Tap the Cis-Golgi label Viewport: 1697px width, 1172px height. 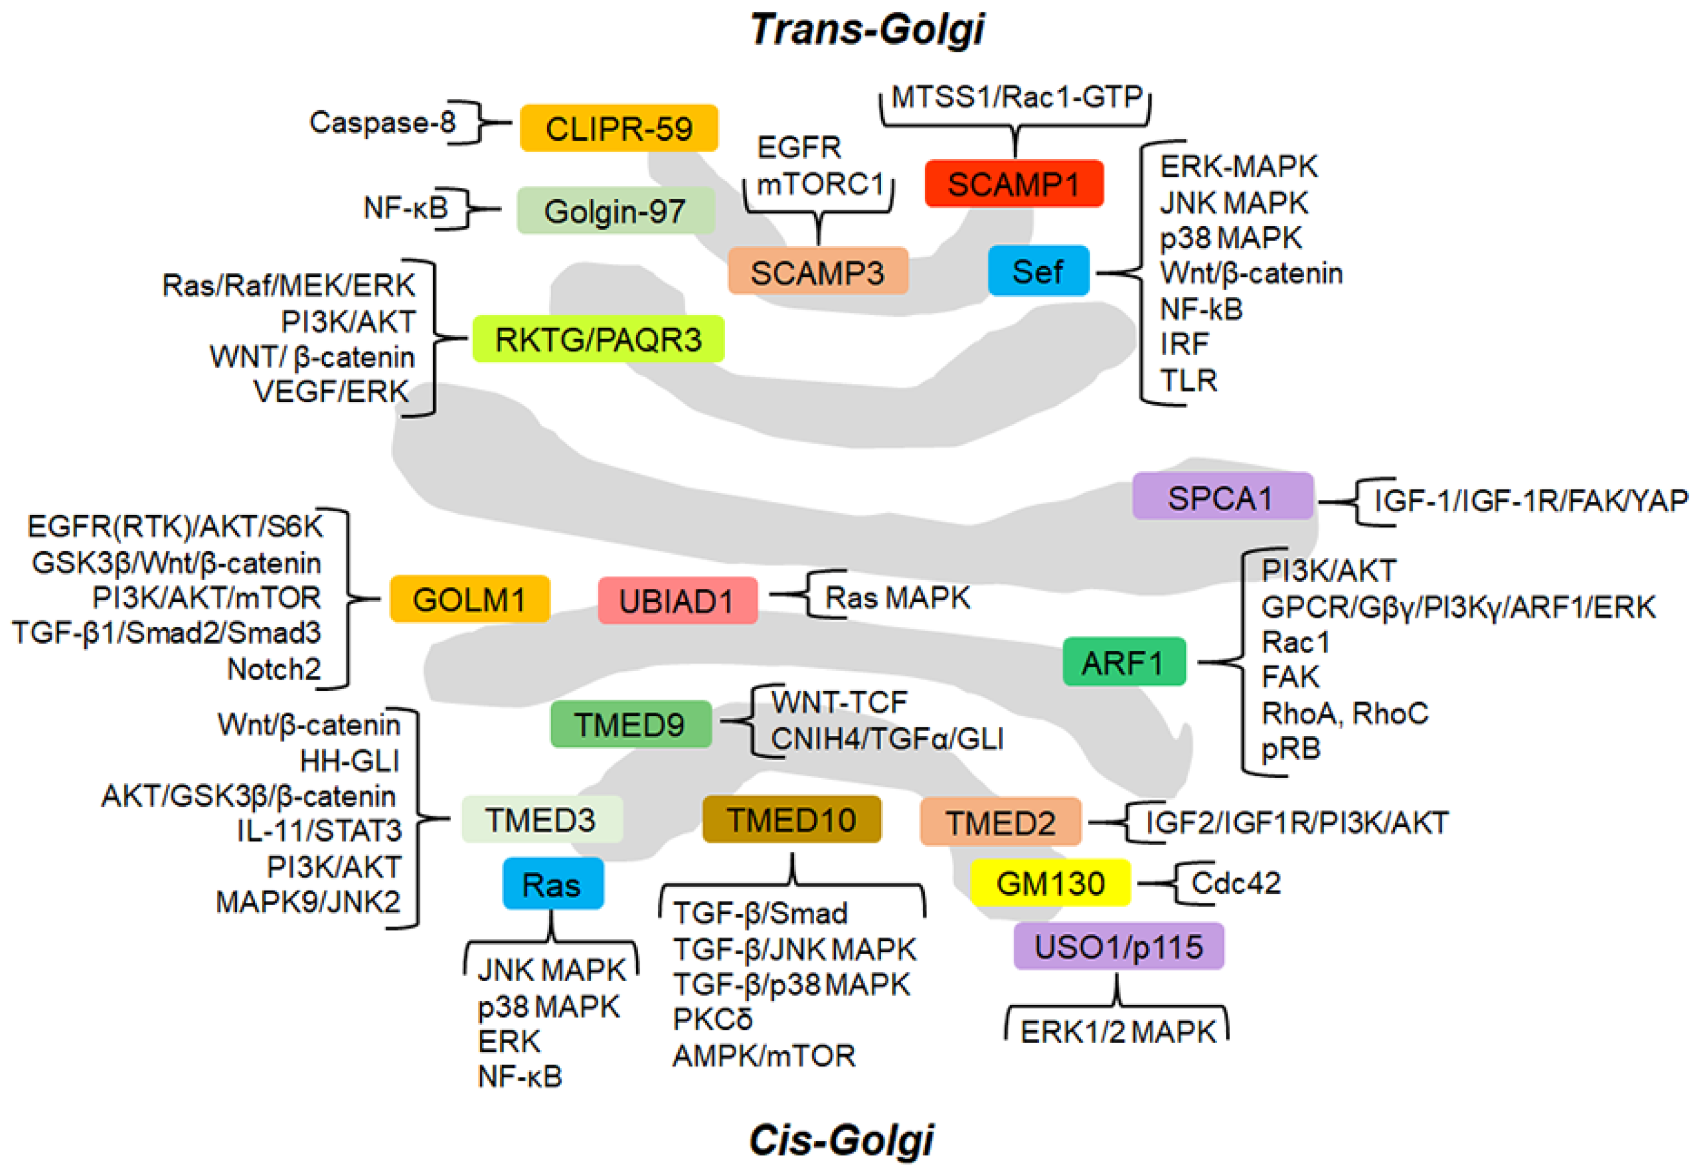(x=841, y=1140)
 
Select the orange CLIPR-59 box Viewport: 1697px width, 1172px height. (x=618, y=128)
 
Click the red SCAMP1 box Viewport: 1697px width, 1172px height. (x=1013, y=184)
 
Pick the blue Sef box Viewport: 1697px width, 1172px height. (x=1038, y=271)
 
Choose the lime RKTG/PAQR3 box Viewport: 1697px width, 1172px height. (x=598, y=339)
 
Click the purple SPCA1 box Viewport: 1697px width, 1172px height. (x=1221, y=497)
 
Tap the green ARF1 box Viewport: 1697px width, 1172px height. (x=1123, y=663)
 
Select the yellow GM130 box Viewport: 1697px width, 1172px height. (x=1050, y=883)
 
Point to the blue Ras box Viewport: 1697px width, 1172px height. (x=552, y=884)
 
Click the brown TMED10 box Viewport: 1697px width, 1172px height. (x=791, y=820)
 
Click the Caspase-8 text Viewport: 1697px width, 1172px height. (x=382, y=122)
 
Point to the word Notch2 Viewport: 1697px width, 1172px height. (x=274, y=669)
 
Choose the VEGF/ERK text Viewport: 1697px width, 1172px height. (x=331, y=392)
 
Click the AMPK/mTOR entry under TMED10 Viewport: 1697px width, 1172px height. (x=764, y=1056)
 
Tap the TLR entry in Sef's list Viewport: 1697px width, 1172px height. (x=1188, y=380)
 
